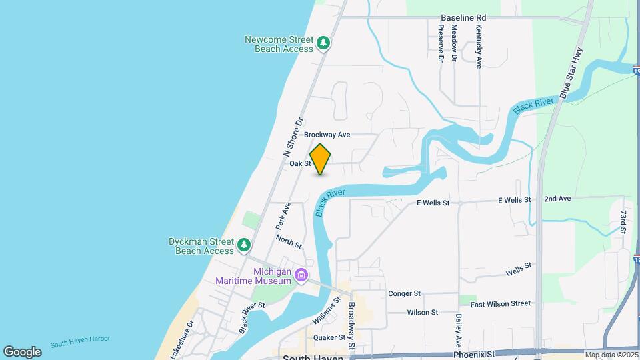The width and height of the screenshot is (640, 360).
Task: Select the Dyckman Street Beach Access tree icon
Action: click(x=245, y=245)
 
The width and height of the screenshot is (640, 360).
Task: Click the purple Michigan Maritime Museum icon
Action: click(x=301, y=275)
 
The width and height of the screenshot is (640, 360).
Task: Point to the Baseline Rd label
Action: click(x=463, y=18)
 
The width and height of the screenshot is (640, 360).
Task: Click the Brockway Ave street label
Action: click(x=327, y=135)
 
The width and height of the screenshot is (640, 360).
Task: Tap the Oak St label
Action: click(x=300, y=163)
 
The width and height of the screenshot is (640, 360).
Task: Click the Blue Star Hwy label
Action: click(x=572, y=73)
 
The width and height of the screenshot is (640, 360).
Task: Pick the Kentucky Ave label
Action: click(x=479, y=47)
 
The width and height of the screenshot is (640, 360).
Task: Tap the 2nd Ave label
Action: click(x=557, y=199)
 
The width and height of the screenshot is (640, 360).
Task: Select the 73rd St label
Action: click(x=623, y=223)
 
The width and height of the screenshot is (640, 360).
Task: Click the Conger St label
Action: click(x=404, y=293)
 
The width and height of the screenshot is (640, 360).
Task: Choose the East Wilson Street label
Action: click(x=501, y=303)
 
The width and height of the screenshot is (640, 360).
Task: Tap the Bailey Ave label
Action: click(x=459, y=331)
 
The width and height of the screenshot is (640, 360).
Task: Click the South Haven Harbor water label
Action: click(x=79, y=343)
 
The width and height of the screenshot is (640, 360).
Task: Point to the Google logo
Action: click(x=22, y=351)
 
